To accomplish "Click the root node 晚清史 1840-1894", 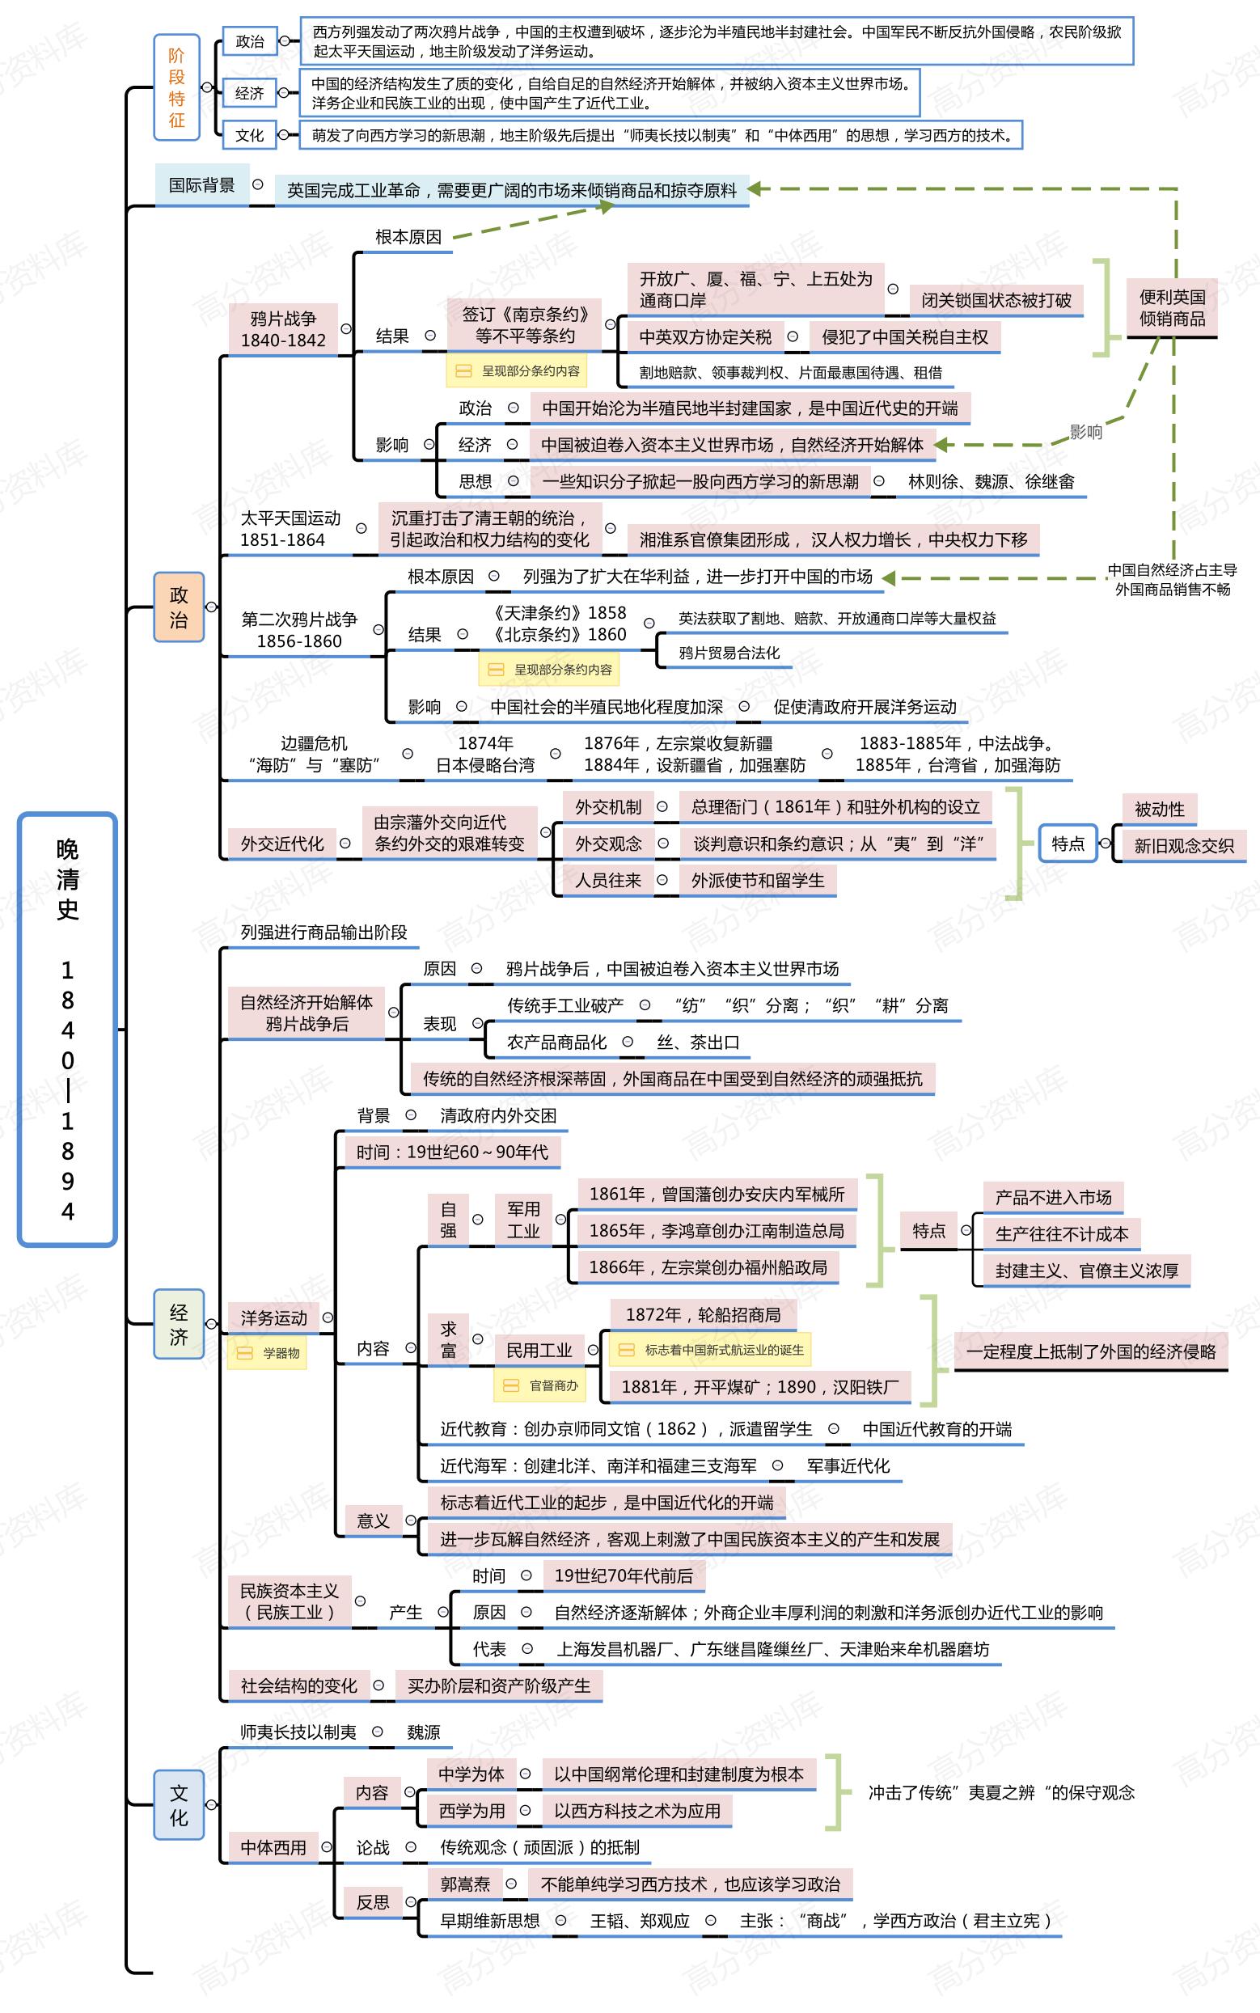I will (67, 1028).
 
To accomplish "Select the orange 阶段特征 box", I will (176, 87).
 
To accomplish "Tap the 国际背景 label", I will (201, 185).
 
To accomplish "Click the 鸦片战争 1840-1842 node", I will (283, 329).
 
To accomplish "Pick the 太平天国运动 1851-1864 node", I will (290, 529).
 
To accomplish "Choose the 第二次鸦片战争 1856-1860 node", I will (299, 630).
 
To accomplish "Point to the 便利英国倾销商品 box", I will (1172, 308).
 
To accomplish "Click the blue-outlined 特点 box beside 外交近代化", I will (1068, 844).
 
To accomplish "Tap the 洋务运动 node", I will (273, 1317).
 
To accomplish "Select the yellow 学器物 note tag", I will (268, 1353).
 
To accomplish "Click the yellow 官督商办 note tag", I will (540, 1385).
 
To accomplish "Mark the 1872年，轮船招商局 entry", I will (703, 1315).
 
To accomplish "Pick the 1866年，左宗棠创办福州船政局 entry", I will (708, 1267).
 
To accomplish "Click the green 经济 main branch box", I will (179, 1324).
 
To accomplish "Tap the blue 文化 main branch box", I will (179, 1804).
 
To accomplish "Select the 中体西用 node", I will (273, 1848).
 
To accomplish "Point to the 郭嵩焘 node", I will (465, 1884).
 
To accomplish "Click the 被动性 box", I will (1158, 809).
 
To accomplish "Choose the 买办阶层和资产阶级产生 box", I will (498, 1685).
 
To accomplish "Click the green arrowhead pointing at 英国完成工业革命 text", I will (756, 189).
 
